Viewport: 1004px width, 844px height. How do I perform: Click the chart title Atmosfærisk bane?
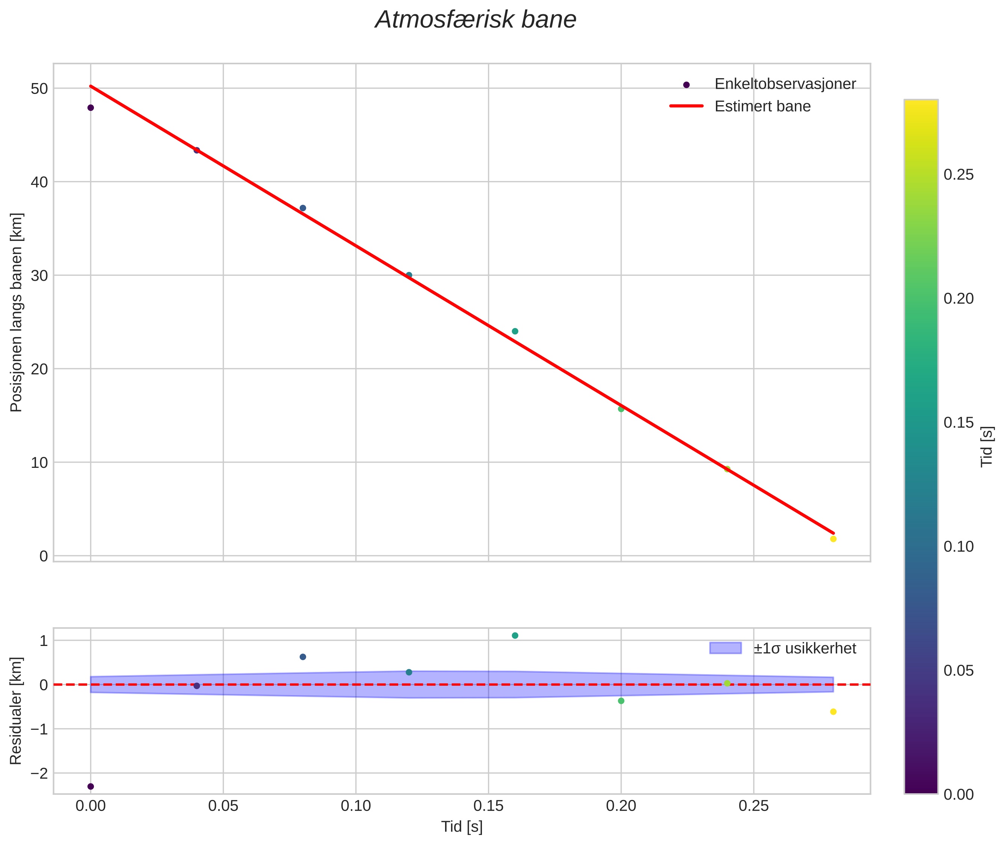476,20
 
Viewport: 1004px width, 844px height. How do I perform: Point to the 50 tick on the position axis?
40,89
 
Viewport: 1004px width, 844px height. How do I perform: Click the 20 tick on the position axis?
40,369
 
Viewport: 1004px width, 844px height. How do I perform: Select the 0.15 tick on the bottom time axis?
488,806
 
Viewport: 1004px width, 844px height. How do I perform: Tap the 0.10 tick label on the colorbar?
958,546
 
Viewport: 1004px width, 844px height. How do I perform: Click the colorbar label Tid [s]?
987,446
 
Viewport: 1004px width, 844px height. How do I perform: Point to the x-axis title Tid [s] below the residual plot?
462,827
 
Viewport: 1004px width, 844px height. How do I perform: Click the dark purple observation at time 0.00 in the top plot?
91,107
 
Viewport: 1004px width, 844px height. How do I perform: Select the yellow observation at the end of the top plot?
833,539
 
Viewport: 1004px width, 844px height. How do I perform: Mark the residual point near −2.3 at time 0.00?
91,787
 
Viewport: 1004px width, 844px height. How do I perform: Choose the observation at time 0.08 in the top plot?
303,208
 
